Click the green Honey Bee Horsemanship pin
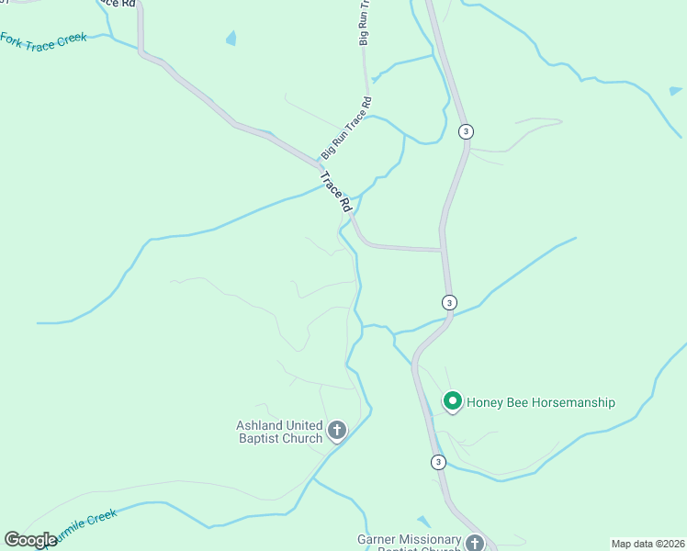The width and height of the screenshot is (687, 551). point(452,401)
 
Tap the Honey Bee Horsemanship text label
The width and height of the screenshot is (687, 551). point(540,402)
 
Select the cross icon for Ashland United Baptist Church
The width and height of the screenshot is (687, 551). point(337,430)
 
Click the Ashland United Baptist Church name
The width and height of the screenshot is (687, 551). point(279,432)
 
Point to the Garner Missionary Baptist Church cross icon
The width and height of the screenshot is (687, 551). point(474,543)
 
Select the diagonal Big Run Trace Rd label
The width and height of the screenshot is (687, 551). point(345,129)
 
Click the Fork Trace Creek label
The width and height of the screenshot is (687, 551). point(44,40)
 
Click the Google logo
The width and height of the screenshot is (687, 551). point(30,540)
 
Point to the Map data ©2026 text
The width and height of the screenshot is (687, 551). point(648,544)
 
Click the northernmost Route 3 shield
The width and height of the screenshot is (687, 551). point(466,131)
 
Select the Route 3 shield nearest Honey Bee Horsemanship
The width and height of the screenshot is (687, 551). point(438,462)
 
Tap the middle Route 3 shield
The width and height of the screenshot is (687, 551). point(448,302)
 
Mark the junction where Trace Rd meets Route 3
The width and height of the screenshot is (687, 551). point(443,249)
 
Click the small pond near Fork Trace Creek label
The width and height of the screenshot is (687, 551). point(231,39)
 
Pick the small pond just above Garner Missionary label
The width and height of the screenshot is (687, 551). point(422,521)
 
